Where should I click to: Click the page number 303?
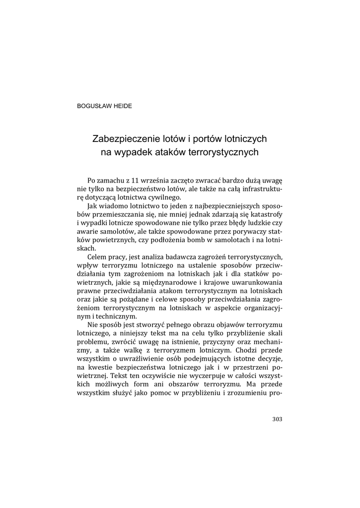pyautogui.click(x=277, y=419)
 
